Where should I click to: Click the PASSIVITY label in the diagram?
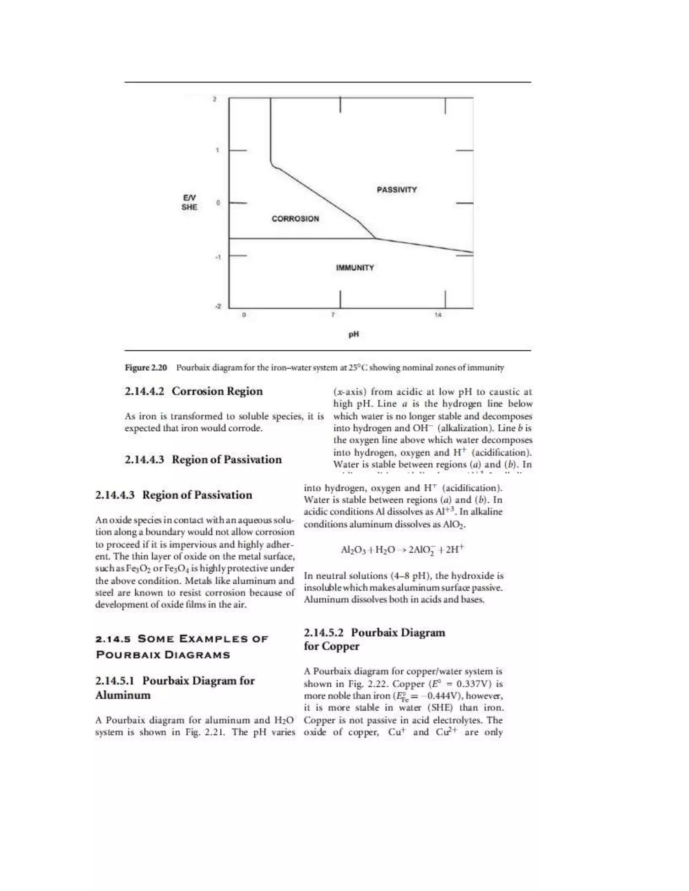396,190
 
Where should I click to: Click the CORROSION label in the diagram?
295,219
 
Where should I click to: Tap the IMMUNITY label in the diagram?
355,268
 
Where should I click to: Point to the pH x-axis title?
354,334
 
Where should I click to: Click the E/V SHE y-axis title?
189,202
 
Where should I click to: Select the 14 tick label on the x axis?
438,315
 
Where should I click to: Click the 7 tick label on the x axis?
333,315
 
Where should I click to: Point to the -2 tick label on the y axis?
218,306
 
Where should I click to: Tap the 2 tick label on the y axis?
215,99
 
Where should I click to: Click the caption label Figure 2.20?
146,367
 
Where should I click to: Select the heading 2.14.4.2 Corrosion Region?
193,391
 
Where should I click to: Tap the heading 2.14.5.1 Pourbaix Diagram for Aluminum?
175,688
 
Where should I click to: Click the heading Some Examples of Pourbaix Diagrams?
182,647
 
